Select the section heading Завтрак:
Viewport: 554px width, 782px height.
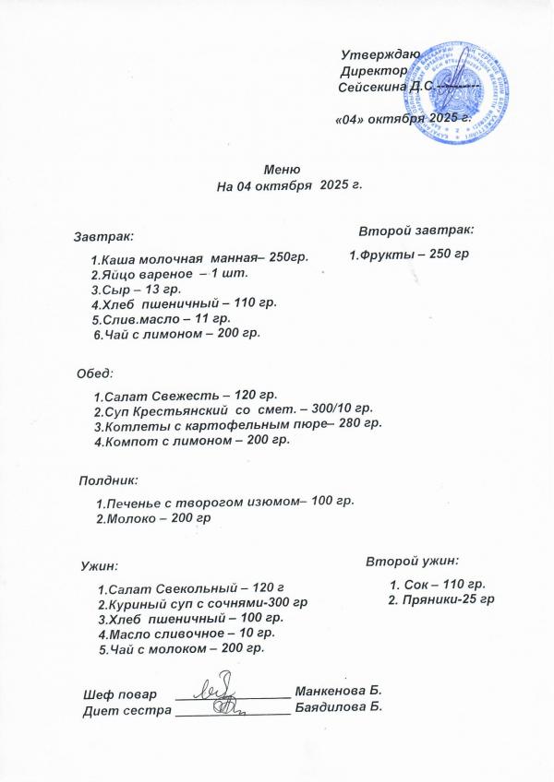point(104,237)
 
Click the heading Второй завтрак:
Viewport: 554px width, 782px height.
point(415,228)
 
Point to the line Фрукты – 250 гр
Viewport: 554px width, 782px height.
point(410,254)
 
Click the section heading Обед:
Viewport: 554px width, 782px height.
point(95,373)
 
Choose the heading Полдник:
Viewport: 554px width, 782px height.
point(108,480)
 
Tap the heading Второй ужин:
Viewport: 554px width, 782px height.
point(412,561)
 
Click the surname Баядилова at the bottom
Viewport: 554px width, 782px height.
point(331,707)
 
